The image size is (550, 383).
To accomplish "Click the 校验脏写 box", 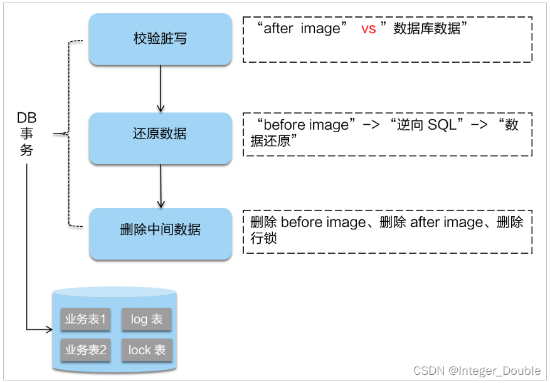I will pos(160,39).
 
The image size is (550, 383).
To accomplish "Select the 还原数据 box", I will pos(160,134).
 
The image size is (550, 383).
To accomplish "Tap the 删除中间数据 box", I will pos(160,229).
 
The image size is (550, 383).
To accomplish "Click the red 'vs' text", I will pos(369,29).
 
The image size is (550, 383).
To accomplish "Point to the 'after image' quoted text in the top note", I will pos(302,29).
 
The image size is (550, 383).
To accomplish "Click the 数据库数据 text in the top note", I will pos(426,29).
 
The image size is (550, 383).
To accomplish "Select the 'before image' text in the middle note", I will pos(306,125).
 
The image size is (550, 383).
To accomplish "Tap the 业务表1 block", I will pos(86,320).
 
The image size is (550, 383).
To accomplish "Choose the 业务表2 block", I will pos(86,350).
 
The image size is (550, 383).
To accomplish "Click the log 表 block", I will pos(146,320).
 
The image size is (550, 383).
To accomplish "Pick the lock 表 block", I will pos(147,350).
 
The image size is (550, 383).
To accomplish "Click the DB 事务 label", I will pos(26,134).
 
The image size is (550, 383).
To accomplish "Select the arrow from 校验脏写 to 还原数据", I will pos(161,88).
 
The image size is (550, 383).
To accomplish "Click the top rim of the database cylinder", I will pos(115,292).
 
